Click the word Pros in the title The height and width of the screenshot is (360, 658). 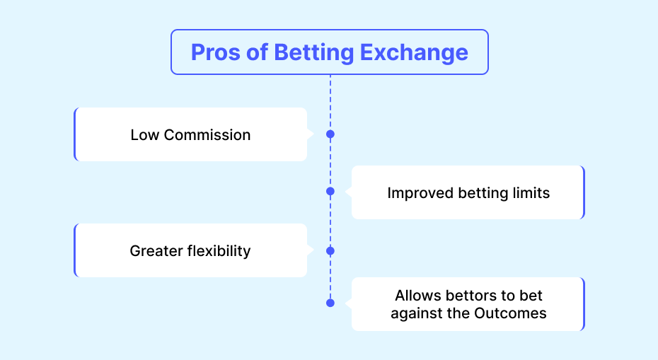click(216, 52)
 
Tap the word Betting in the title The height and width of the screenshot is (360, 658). click(314, 53)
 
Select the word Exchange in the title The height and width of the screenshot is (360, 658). click(414, 53)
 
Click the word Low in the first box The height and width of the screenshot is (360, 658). click(144, 135)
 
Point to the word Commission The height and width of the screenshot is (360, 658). click(207, 135)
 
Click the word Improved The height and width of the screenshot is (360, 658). click(420, 193)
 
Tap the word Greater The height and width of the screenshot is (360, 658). click(156, 251)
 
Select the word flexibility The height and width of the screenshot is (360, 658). click(219, 251)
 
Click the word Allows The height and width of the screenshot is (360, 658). click(417, 296)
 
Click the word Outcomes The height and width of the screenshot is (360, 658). click(510, 313)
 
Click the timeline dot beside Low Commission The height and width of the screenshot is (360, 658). click(330, 134)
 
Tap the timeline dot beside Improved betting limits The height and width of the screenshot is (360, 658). click(330, 192)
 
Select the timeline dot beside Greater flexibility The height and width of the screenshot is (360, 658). click(330, 251)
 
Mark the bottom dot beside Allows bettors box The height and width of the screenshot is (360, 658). click(330, 303)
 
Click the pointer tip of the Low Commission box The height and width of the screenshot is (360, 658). click(313, 134)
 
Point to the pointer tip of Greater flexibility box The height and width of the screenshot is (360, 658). click(313, 250)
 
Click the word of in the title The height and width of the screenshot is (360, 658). click(257, 52)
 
